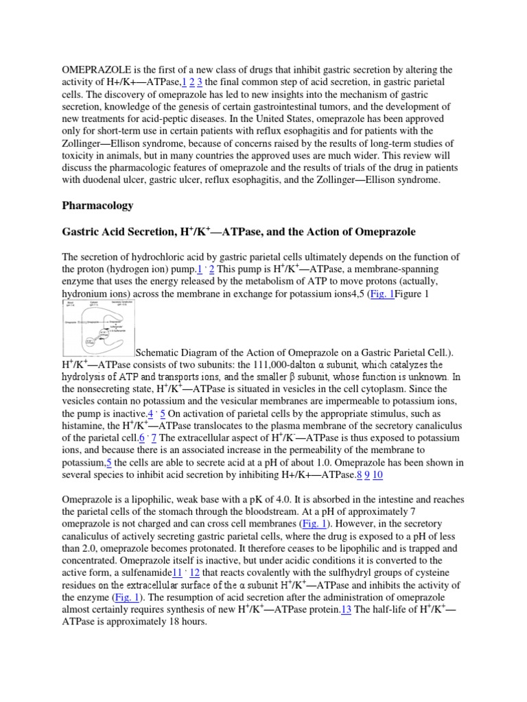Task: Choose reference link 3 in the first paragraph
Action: [200, 82]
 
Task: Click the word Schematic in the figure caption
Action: [160, 352]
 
